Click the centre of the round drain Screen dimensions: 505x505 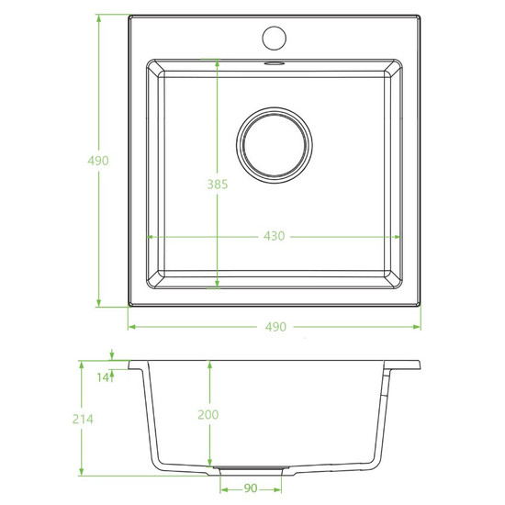click(x=275, y=145)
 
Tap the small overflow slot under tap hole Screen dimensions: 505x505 click(x=275, y=63)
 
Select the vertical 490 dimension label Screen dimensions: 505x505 click(x=98, y=161)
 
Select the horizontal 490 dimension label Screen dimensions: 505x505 click(x=275, y=327)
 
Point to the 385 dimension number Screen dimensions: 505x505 click(x=218, y=185)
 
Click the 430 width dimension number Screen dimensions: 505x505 click(x=275, y=236)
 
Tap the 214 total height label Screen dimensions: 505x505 click(x=83, y=419)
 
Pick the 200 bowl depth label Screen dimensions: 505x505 click(x=208, y=414)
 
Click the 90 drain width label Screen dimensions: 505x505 click(x=251, y=488)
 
